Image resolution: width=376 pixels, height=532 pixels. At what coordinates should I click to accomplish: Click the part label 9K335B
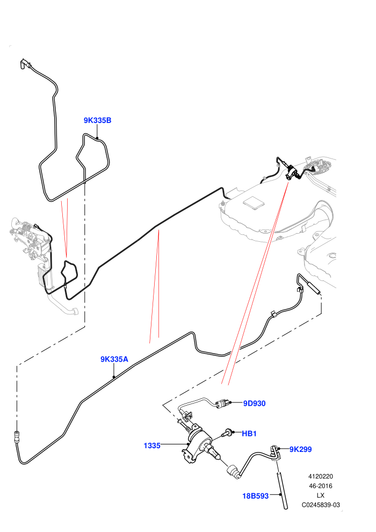97,120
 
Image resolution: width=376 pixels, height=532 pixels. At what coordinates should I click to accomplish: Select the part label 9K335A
114,359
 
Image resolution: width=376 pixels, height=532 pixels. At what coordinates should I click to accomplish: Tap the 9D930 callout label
254,404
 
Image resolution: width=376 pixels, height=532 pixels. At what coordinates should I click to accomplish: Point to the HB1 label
249,434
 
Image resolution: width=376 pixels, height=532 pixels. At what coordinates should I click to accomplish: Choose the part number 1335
152,446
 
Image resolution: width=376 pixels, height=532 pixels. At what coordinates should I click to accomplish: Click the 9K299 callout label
300,449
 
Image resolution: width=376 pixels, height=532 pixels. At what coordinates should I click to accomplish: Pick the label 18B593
255,496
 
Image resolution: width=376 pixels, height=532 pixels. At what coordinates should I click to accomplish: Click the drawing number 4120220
320,476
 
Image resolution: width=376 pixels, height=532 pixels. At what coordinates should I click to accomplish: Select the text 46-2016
320,486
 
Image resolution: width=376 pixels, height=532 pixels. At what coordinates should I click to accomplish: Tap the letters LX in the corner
320,495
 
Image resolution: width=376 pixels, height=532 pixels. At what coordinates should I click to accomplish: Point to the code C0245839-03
320,505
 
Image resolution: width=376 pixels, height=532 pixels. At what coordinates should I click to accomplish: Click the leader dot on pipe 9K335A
114,376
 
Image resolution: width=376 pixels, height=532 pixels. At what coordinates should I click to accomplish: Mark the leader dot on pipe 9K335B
97,138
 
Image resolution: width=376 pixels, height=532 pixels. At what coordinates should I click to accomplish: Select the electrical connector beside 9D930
222,404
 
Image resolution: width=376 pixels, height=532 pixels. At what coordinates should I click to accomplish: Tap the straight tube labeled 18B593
281,490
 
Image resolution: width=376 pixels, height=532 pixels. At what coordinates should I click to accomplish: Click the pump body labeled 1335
197,441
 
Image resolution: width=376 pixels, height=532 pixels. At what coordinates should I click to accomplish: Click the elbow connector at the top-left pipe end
24,64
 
